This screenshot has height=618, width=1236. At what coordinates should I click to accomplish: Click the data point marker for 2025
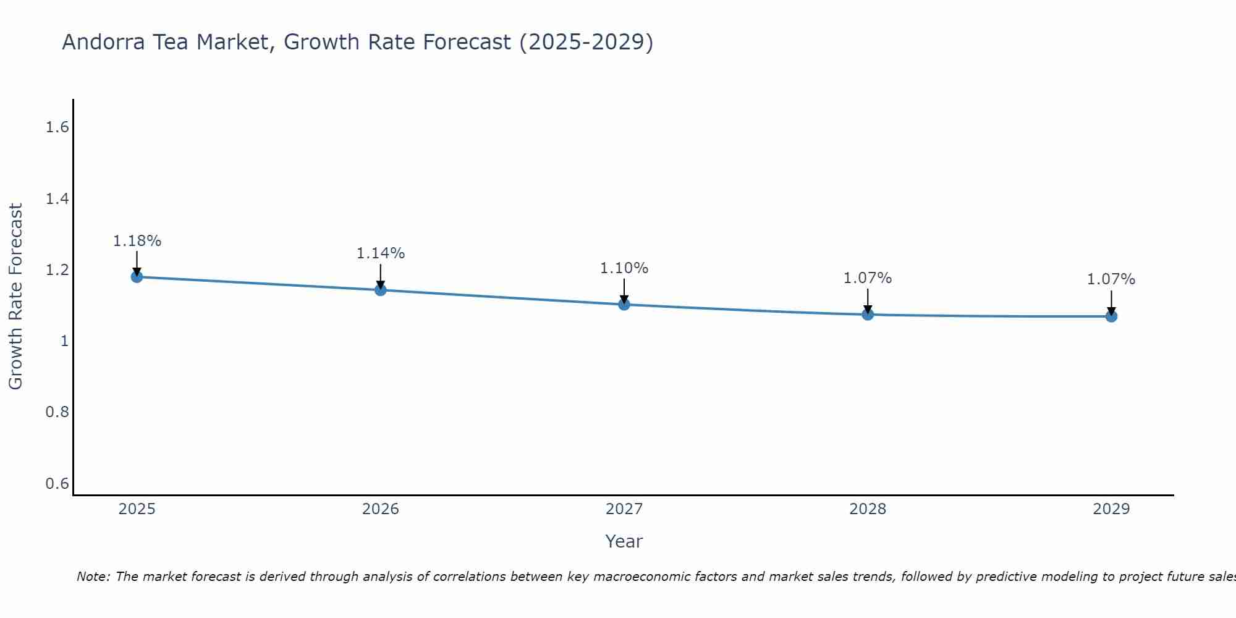point(137,276)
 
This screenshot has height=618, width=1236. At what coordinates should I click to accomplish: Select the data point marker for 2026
point(380,290)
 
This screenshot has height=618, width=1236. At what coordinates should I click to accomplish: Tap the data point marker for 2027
point(624,304)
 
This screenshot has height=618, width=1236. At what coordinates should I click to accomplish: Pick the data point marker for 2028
point(867,314)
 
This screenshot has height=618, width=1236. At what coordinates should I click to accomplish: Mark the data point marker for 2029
point(1111,316)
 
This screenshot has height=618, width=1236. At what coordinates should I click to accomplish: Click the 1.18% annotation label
point(137,241)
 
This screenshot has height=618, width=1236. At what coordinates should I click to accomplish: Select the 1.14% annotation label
point(380,253)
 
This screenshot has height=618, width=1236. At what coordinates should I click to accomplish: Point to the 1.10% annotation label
point(624,268)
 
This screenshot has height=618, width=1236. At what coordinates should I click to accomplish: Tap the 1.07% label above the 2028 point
point(867,278)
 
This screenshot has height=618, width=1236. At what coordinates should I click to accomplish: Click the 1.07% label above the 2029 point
point(1111,279)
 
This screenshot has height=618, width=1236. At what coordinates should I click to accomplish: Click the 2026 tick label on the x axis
point(380,509)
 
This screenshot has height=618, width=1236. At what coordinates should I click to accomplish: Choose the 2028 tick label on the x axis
point(867,509)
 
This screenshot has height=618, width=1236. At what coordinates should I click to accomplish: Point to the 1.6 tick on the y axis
point(57,127)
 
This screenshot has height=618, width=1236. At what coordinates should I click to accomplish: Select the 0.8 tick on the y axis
point(57,412)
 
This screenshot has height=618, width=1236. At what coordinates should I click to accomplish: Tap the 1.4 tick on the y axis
point(57,198)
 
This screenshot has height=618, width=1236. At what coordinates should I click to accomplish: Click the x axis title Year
point(624,541)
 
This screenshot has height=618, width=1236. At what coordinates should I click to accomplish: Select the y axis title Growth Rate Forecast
point(15,297)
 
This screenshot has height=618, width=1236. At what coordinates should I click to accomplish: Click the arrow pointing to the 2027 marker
point(624,290)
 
